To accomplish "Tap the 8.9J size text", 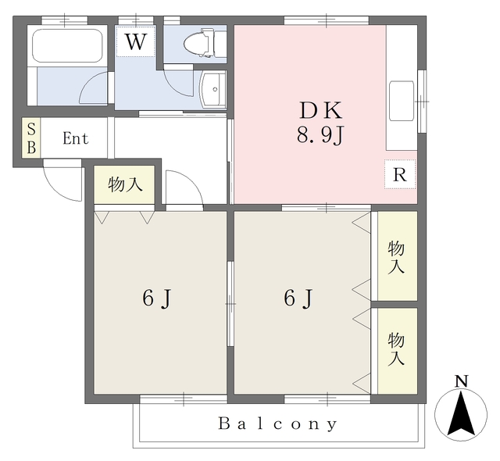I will tap(320, 136).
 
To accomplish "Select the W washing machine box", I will tap(136, 41).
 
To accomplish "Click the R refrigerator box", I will tap(399, 175).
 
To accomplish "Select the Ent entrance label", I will tap(76, 139).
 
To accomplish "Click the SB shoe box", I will tap(31, 139).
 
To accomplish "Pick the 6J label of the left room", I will tap(156, 298).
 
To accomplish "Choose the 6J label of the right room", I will tap(298, 298).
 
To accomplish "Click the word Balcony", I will tap(277, 424).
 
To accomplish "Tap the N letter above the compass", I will tap(461, 381).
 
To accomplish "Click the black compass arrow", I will tap(461, 414).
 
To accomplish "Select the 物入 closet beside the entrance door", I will tap(126, 185).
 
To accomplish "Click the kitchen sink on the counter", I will tap(403, 102).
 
